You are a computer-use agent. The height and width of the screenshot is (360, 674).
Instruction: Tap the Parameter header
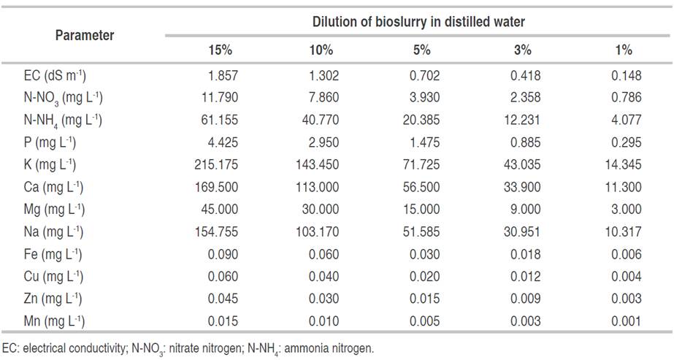[85, 35]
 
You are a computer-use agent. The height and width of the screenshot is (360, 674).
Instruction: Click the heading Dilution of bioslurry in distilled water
[419, 22]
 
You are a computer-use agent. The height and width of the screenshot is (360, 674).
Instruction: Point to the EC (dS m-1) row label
[55, 74]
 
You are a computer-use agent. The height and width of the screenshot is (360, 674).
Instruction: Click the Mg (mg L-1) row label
[54, 210]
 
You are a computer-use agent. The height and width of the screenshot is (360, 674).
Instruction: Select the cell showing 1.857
[223, 74]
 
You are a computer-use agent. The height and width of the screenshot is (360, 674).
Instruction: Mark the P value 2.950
[324, 142]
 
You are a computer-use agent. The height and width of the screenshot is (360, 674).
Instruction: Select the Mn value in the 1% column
[629, 320]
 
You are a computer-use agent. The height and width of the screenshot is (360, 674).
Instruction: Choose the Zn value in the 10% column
[324, 298]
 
